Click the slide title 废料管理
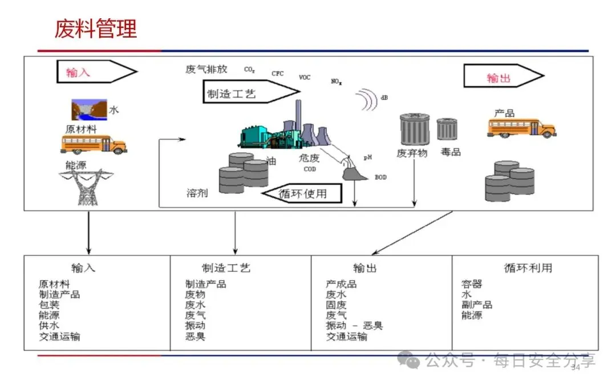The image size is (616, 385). pos(96,29)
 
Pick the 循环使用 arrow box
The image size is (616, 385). pos(302,194)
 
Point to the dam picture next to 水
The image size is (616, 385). pos(89,109)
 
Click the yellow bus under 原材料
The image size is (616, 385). pos(94,144)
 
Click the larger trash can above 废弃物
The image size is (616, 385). pos(415,129)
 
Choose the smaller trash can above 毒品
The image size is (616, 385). pos(447,129)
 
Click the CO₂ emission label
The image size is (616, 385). pos(249,70)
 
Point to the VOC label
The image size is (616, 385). pos(305,78)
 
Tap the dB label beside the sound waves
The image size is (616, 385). pos(384,98)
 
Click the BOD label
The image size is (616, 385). pos(380,177)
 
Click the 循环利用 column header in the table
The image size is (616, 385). pos(528,268)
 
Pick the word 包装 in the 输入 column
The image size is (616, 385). pos(49,305)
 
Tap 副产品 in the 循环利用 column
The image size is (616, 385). pos(476,305)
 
